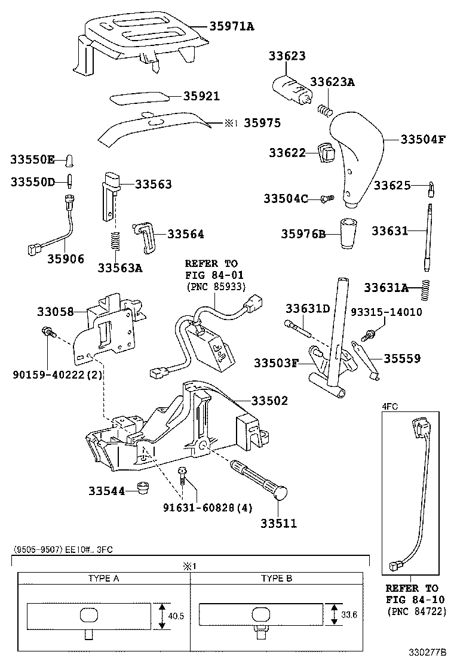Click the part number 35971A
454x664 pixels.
(x=232, y=26)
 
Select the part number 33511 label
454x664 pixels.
(x=278, y=524)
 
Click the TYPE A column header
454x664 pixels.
(x=103, y=579)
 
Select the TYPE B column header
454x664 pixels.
(x=277, y=579)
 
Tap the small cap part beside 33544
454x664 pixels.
(x=142, y=488)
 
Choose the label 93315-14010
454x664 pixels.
(x=386, y=312)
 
